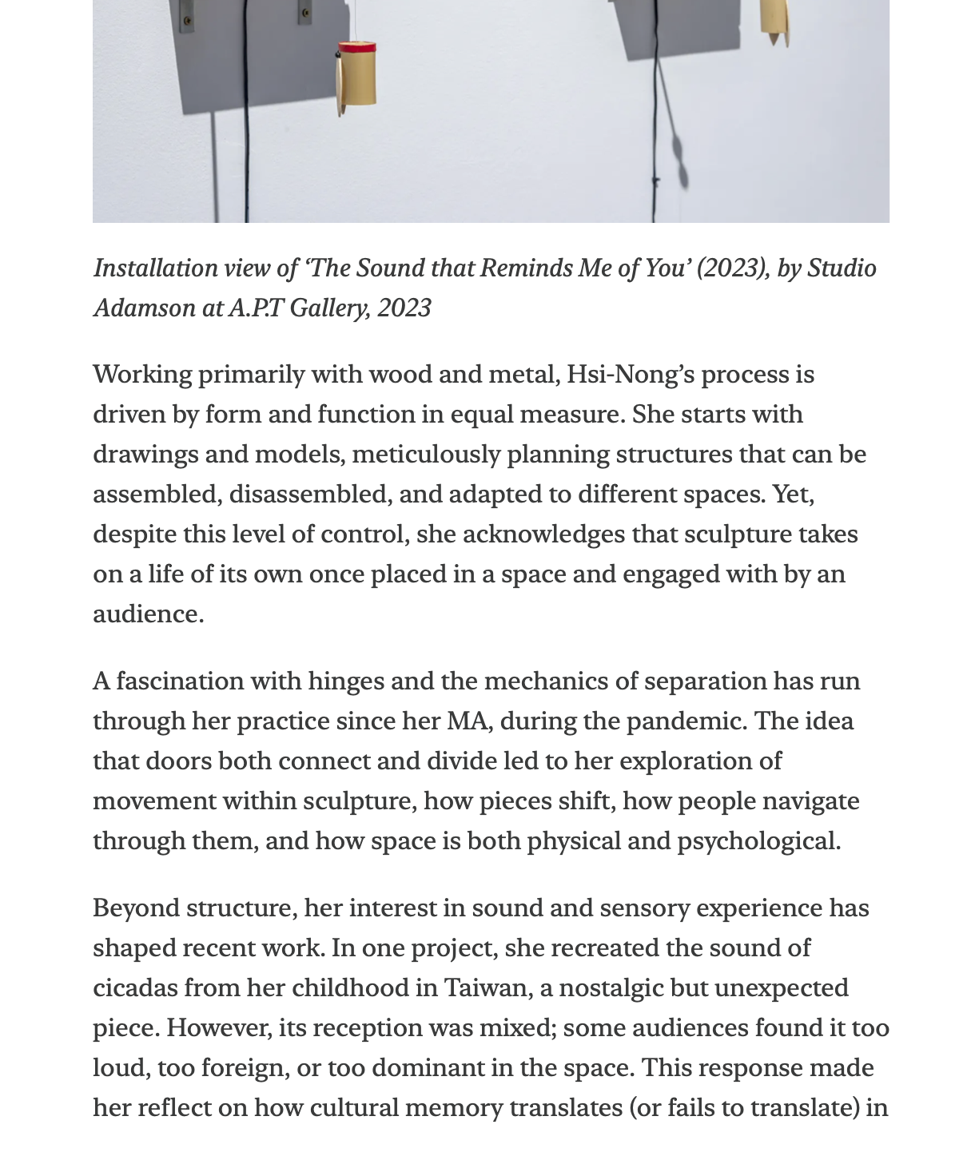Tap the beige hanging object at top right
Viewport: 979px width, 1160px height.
(x=774, y=19)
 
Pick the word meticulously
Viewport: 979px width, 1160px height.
(x=425, y=455)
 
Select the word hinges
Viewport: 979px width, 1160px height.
(x=344, y=681)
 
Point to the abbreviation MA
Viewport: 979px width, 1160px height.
(x=466, y=721)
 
